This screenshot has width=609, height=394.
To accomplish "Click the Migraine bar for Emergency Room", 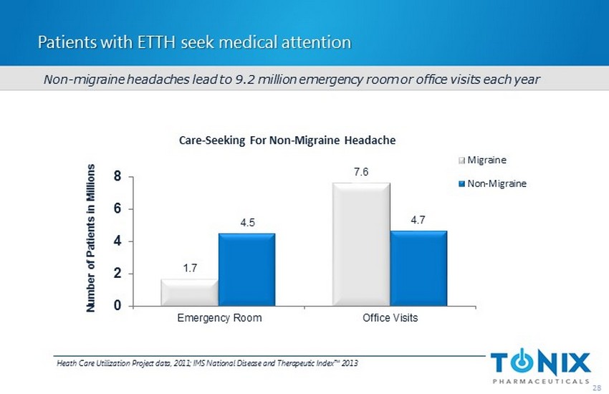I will point(189,292).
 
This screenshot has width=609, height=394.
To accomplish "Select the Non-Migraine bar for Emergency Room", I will point(246,269).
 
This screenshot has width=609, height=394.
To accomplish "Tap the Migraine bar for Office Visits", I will point(361,244).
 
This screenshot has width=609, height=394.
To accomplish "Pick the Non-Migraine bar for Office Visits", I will point(418,268).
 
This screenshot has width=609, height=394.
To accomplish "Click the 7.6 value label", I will point(361,172).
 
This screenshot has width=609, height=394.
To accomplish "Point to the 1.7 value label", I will point(189,268).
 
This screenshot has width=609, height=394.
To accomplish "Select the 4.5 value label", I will point(246,222).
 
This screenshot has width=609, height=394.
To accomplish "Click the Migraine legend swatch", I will point(463,159).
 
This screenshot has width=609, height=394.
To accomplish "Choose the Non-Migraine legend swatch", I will point(463,184).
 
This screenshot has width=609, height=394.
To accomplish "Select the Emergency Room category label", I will point(218,318).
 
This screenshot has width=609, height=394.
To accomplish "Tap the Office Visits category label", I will point(390,318).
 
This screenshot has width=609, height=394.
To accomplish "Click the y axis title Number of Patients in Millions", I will point(90,237).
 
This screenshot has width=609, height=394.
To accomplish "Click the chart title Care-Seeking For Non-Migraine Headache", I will point(287,140).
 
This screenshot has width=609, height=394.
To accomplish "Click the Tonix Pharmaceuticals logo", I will point(542,365).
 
